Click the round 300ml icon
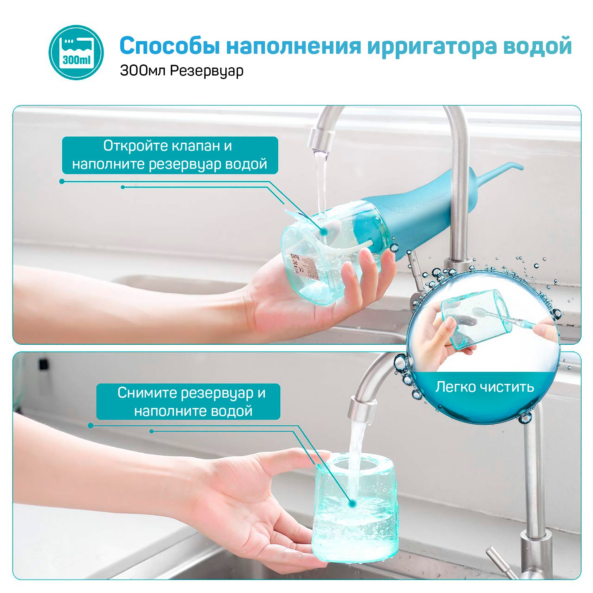76,53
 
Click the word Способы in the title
170,45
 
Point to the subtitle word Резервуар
207,71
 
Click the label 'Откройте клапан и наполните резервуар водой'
170,155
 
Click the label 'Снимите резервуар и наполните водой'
188,402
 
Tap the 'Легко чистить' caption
485,387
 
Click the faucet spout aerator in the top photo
321,141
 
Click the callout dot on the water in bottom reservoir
352,503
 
